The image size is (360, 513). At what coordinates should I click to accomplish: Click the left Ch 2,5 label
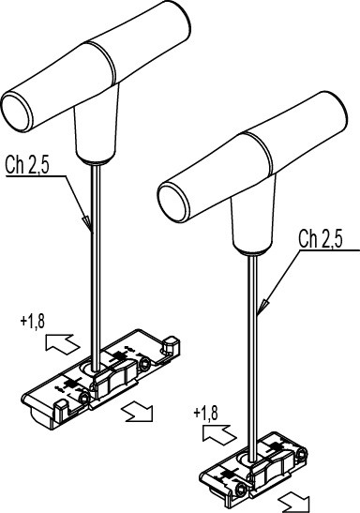click(x=27, y=164)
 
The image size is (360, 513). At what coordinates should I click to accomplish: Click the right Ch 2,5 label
click(x=321, y=238)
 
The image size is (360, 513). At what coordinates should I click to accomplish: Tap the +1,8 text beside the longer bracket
click(x=33, y=322)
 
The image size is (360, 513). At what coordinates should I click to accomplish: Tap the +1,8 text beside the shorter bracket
click(x=205, y=414)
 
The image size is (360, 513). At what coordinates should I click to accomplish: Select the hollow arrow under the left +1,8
click(x=62, y=344)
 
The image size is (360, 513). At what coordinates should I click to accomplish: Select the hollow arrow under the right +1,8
click(x=219, y=435)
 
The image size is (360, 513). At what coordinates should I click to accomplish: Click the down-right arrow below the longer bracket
click(x=137, y=412)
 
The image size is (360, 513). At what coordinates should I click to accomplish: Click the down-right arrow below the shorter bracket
click(x=294, y=503)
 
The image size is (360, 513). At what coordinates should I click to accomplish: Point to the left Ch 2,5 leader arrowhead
click(x=87, y=223)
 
